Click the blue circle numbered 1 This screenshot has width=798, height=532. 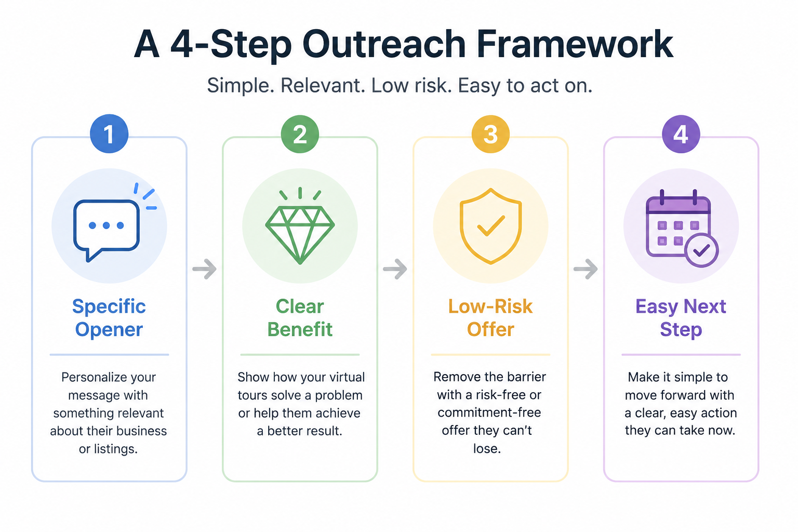coord(109,134)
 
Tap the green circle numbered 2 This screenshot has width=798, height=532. coord(300,134)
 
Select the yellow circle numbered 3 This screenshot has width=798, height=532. coord(490,134)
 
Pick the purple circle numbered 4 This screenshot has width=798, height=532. coord(681,134)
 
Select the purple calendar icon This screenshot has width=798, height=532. coord(682,228)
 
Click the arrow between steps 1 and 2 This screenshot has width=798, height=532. coord(205,269)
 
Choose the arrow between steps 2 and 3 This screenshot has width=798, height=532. coord(395,269)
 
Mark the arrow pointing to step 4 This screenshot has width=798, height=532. coord(586,269)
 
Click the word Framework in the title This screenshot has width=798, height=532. coord(575,44)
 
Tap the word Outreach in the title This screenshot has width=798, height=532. coord(384,44)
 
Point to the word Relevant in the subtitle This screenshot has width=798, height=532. coord(323,86)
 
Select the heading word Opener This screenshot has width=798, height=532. coord(109,329)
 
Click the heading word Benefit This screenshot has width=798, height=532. coord(300,329)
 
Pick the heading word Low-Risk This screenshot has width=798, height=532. coord(490,307)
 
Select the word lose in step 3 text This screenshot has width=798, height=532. coord(487,449)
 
